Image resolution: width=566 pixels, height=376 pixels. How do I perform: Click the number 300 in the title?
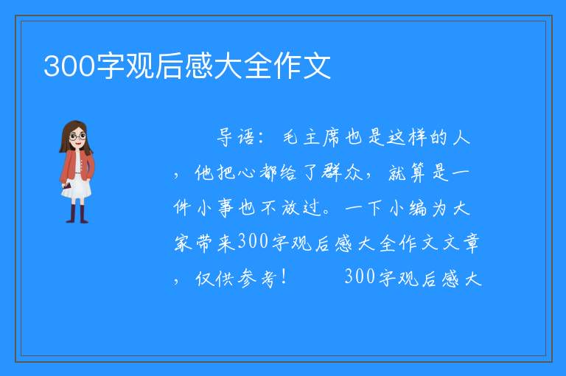[69, 66]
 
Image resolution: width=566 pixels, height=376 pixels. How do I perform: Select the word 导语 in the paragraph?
[236, 137]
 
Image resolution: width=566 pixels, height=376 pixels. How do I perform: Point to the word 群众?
[342, 172]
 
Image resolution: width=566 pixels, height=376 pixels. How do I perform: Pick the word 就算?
[407, 173]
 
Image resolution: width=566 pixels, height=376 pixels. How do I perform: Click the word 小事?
[215, 208]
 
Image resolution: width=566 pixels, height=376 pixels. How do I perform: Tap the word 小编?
[408, 209]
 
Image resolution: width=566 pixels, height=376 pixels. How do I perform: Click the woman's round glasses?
[78, 136]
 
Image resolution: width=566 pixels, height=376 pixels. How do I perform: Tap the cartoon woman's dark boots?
[77, 214]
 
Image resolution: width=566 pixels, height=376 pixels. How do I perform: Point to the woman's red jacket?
[77, 166]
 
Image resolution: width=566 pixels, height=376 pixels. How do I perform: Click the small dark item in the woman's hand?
[66, 186]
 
